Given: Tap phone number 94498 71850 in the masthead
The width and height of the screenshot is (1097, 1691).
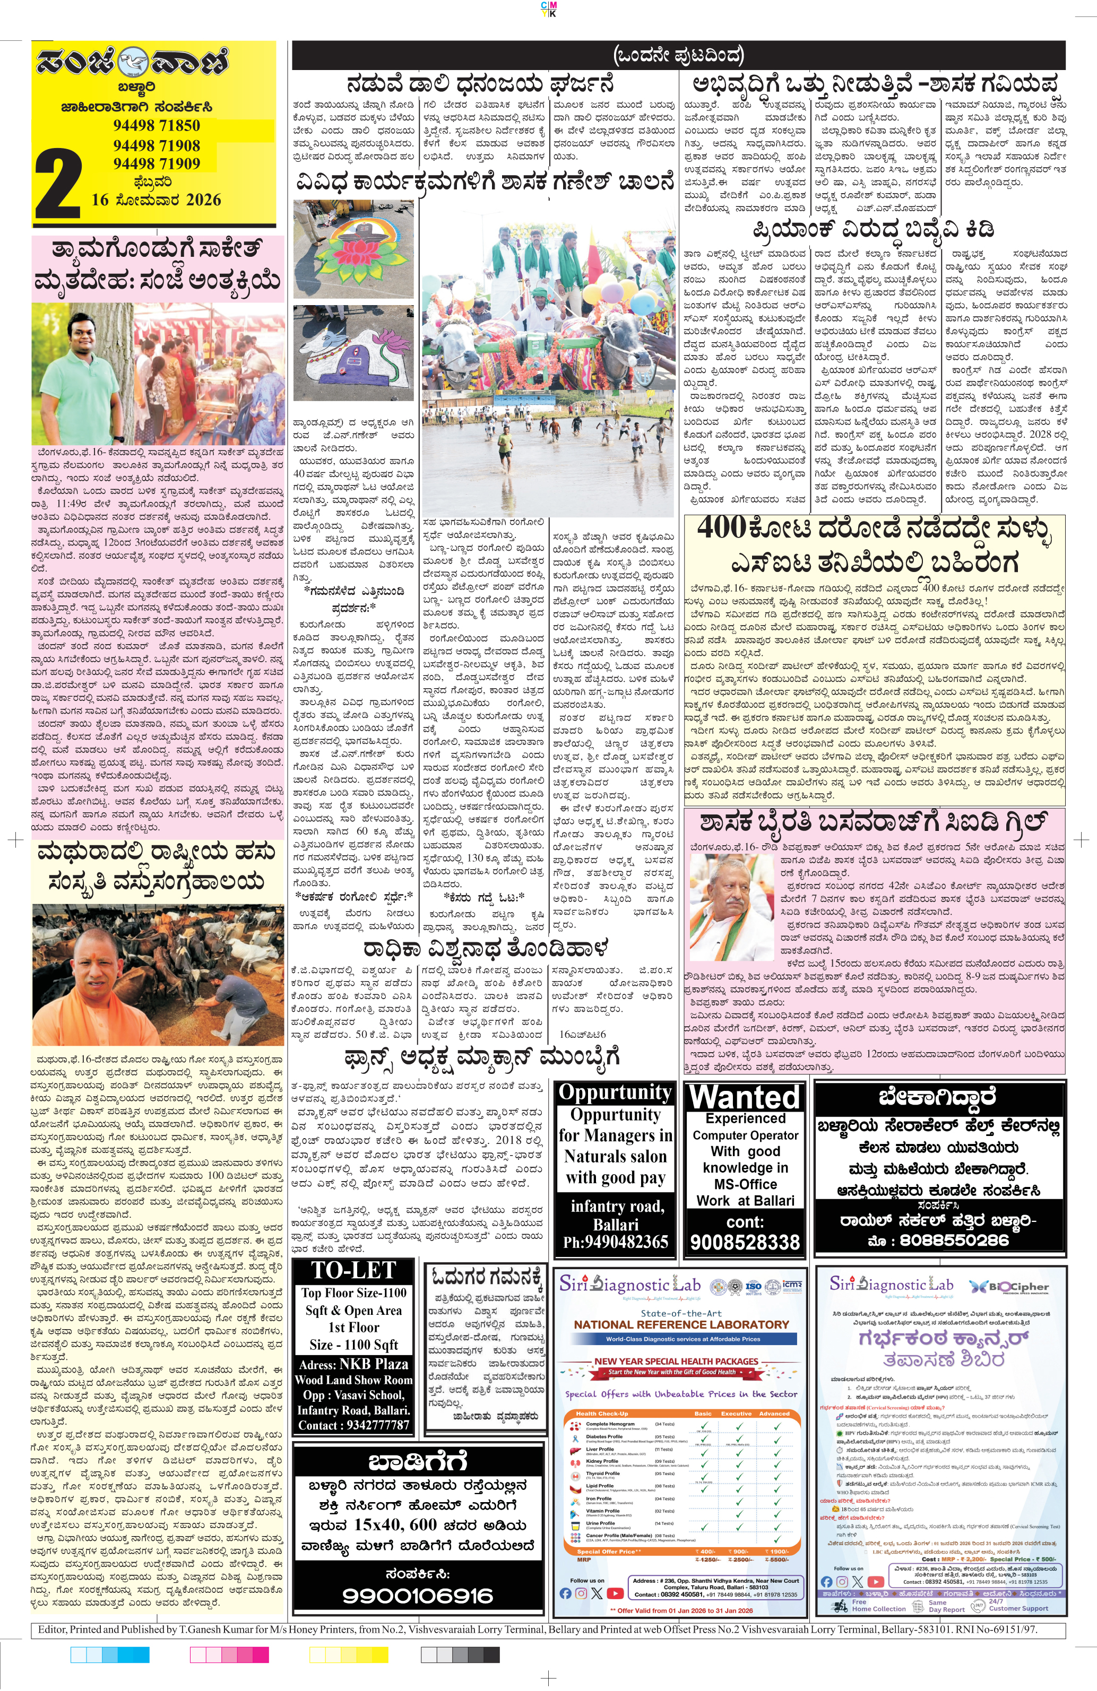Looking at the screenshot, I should pos(157,126).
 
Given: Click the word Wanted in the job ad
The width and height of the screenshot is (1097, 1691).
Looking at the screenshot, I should pos(745,1097).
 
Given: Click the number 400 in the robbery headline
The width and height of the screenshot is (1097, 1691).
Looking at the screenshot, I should pos(720,528).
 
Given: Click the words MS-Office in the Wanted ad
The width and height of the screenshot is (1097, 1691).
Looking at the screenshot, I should pos(745,1184).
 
